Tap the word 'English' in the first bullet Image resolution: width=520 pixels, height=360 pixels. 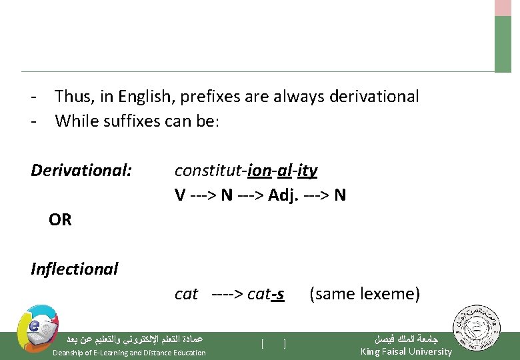[x=147, y=97]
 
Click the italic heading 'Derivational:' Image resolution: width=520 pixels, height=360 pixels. [x=81, y=171]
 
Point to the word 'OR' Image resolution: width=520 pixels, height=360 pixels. [x=60, y=219]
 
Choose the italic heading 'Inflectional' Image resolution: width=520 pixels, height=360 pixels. [x=75, y=269]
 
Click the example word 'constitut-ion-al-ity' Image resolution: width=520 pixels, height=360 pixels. [x=245, y=171]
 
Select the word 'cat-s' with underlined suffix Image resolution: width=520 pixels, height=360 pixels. [x=265, y=293]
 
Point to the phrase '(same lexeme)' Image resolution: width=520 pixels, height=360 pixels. [x=365, y=293]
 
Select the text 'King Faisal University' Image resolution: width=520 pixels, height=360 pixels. [x=406, y=351]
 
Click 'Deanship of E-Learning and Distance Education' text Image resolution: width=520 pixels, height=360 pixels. [x=129, y=352]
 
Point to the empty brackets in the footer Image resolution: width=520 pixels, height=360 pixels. [x=274, y=344]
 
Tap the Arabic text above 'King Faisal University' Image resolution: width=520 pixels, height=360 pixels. [x=405, y=339]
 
